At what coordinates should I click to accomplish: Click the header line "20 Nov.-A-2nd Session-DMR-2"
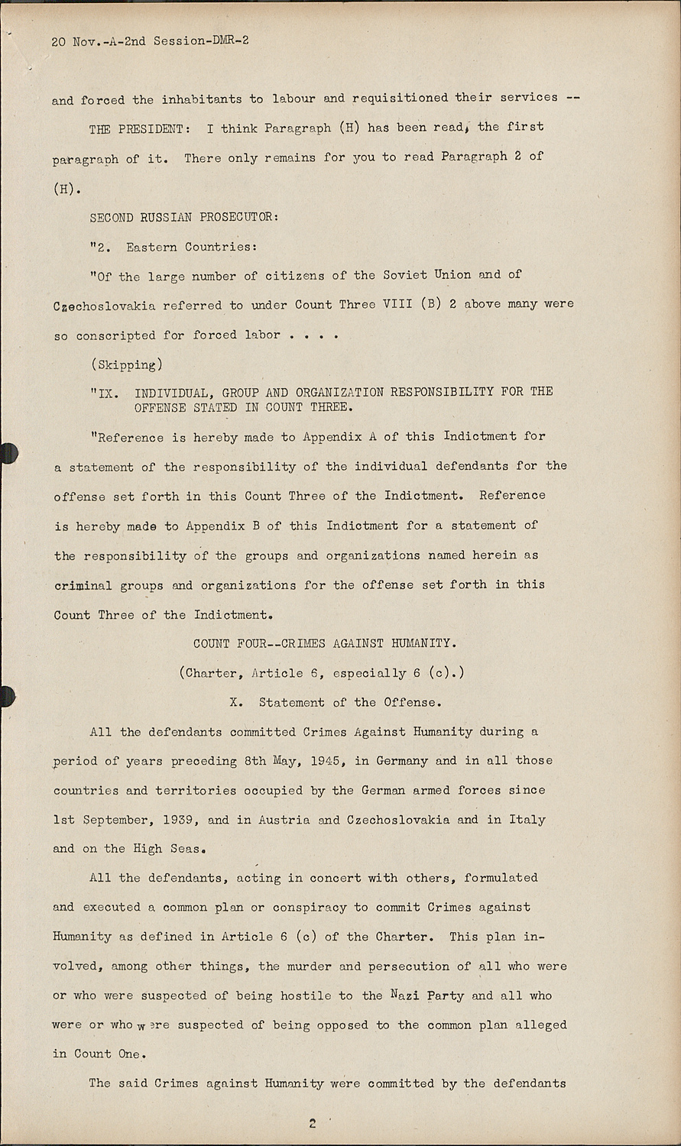tap(150, 41)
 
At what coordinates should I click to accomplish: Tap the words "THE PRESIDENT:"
tap(137, 129)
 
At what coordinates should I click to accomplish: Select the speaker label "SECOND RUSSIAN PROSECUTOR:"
tap(184, 218)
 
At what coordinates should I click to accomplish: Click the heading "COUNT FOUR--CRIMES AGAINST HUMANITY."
tap(325, 643)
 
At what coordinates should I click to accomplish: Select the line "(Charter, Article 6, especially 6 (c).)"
tap(322, 673)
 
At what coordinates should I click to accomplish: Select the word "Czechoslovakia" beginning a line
tap(105, 306)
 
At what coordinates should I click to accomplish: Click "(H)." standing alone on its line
tap(66, 188)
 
